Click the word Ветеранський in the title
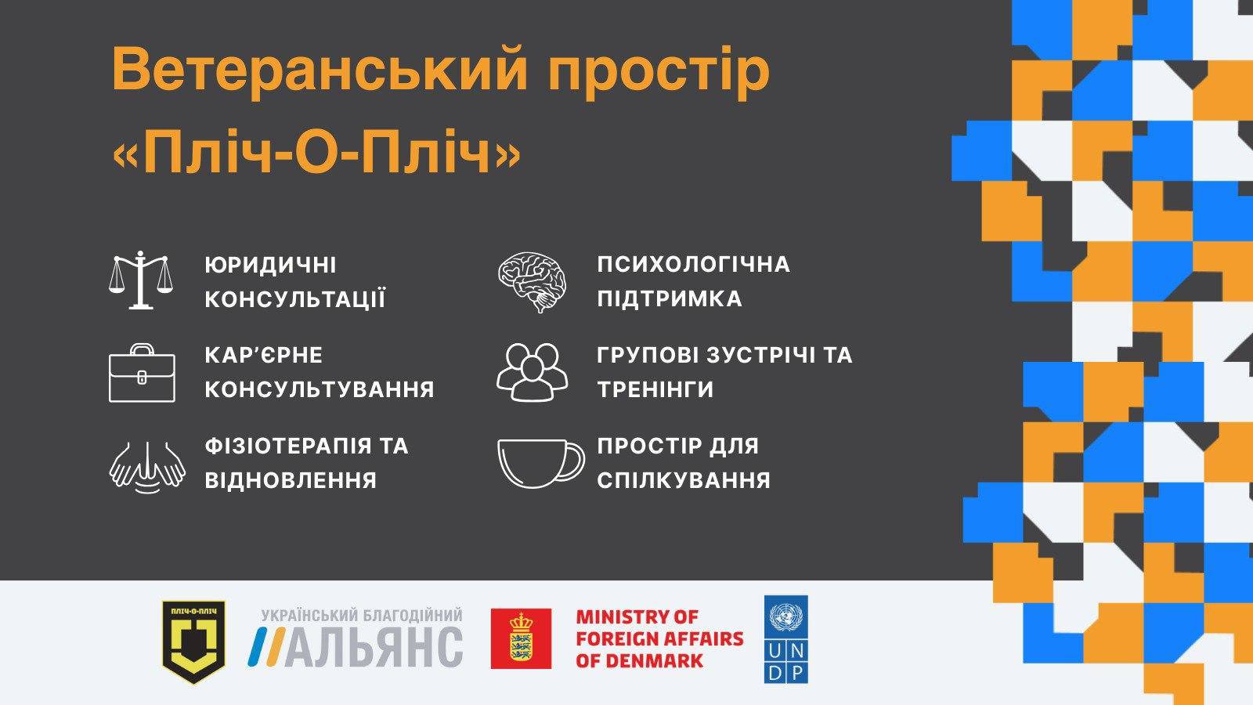pos(320,70)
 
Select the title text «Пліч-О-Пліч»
pos(316,152)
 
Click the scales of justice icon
pos(141,280)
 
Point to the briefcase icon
pos(142,373)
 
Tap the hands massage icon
pos(147,467)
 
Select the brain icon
pos(532,282)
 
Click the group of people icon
pos(532,372)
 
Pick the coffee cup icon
pos(541,463)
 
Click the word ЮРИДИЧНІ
pos(271,265)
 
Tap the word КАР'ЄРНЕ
pos(263,356)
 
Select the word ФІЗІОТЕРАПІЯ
pos(288,446)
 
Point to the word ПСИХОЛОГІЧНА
pos(694,264)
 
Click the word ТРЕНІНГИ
pos(655,389)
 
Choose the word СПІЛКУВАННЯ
pos(684,480)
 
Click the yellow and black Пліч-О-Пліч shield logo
pos(193,642)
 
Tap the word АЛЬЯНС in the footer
pos(374,647)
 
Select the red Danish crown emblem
pos(521,638)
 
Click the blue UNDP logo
pos(786,639)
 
